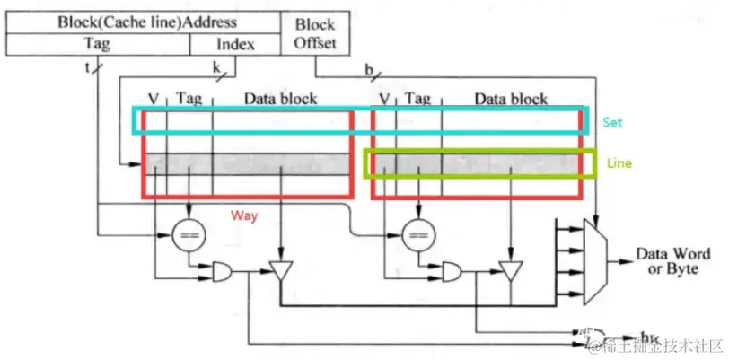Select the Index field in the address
(235, 44)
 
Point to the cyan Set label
(612, 121)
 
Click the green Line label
(619, 164)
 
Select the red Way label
(243, 215)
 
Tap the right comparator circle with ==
(417, 236)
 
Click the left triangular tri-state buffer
(282, 269)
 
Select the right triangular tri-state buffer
(511, 269)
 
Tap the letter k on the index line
(216, 66)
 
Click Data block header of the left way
(280, 98)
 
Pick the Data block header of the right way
(510, 98)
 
